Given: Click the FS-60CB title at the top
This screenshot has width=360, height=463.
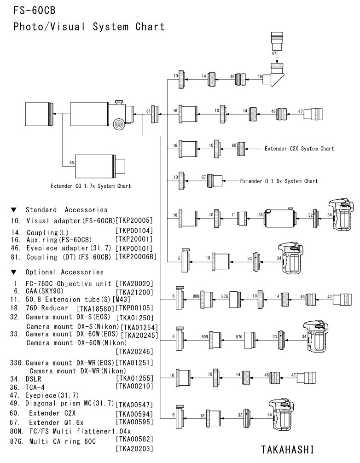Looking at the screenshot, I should [31, 9].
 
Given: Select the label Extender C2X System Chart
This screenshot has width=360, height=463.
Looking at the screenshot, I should [299, 149].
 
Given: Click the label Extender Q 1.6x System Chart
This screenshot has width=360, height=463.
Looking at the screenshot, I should [279, 181].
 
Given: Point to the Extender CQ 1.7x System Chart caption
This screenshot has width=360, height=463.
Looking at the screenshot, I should [91, 186].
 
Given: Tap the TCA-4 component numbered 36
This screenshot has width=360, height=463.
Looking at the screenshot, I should [279, 215].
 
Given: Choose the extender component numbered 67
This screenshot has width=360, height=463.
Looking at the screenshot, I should [214, 180].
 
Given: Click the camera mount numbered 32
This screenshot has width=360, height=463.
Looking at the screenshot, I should [316, 215].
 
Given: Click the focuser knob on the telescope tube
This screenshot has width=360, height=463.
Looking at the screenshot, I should [120, 123].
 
